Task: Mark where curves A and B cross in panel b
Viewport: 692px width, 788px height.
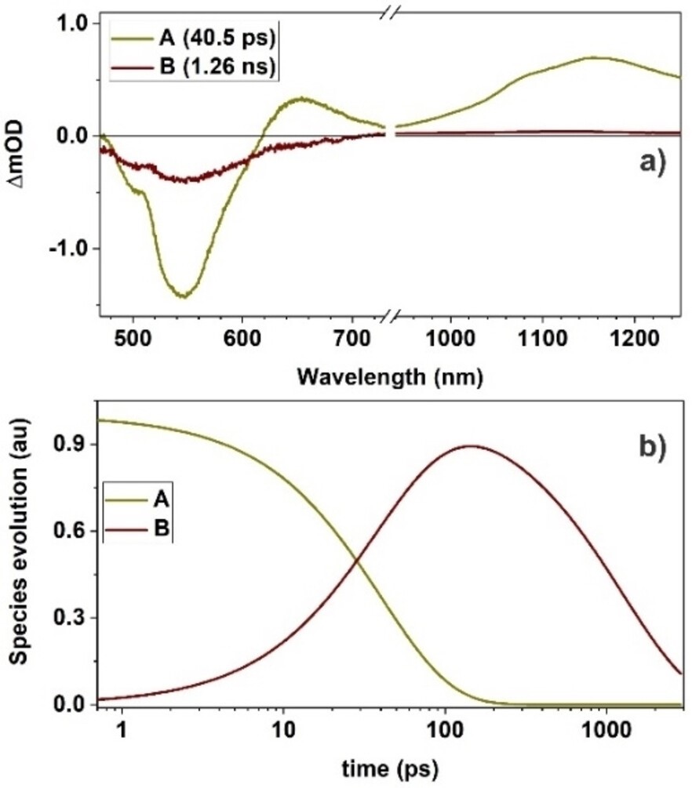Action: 357,560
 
